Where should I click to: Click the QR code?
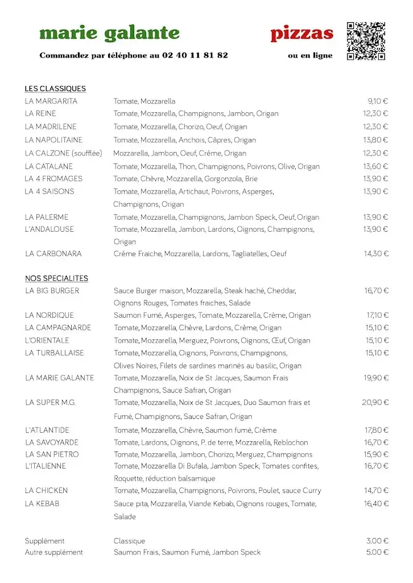366,41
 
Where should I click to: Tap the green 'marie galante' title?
109,34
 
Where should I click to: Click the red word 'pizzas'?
302,34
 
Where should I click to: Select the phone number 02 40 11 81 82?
195,55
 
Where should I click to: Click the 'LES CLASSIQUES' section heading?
55,89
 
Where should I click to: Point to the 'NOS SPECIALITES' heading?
56,278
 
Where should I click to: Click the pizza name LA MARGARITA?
51,101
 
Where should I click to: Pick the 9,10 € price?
378,101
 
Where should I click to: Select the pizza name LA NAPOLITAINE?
53,140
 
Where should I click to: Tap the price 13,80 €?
375,140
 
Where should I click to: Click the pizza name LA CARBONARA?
53,254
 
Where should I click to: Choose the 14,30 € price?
376,254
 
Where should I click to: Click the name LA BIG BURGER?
52,291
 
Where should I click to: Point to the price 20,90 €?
375,403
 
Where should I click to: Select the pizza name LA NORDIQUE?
49,315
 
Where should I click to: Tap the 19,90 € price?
376,378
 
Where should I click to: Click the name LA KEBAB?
42,504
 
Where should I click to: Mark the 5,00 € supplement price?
378,552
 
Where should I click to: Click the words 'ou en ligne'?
310,56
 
